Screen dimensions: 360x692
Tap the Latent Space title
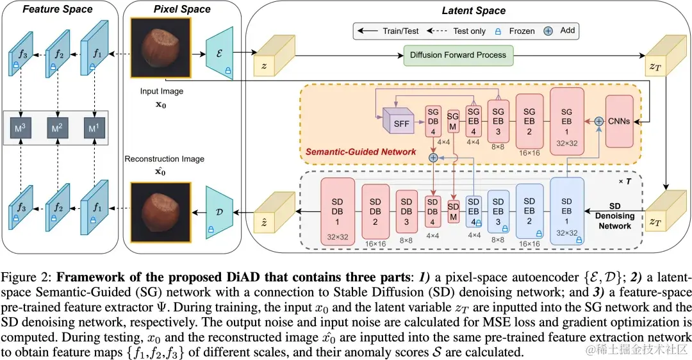click(473, 11)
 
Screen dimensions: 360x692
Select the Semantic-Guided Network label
click(360, 152)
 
